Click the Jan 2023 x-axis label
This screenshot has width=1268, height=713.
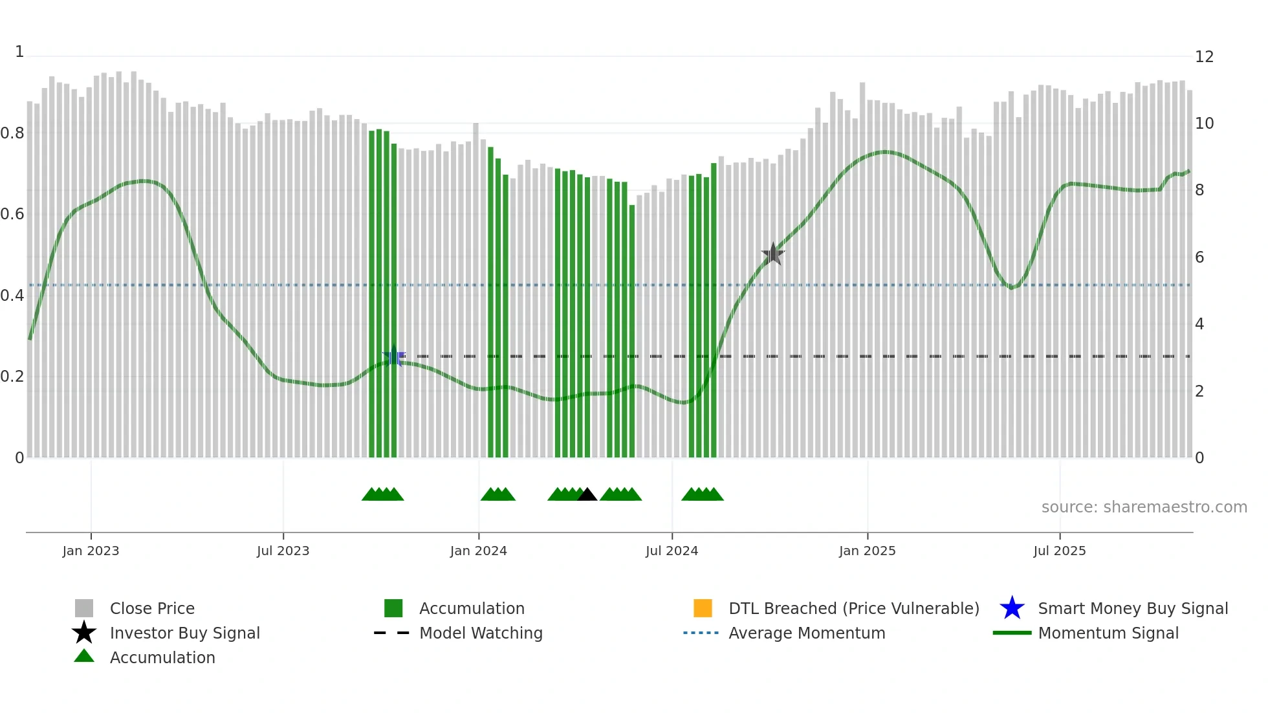click(x=91, y=551)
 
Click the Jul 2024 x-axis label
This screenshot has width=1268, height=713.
click(x=672, y=551)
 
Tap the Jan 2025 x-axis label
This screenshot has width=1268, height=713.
click(x=867, y=551)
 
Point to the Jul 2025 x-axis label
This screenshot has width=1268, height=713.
click(x=1059, y=551)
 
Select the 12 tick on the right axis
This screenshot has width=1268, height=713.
click(x=1204, y=57)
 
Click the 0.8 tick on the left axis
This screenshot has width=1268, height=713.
click(x=12, y=133)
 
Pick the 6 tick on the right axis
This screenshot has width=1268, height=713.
click(x=1199, y=258)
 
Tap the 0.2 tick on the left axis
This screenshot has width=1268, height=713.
click(x=12, y=377)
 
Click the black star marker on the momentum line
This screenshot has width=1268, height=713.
click(x=772, y=254)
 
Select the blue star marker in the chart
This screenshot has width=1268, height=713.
click(x=394, y=356)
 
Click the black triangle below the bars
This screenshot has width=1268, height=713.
click(x=587, y=495)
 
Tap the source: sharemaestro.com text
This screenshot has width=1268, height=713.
click(x=1144, y=507)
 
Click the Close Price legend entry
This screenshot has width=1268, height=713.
click(x=151, y=608)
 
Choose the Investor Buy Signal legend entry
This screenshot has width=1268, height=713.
click(x=184, y=633)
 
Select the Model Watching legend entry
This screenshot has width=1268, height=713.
click(x=480, y=633)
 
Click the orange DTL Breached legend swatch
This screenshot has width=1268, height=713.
click(x=703, y=608)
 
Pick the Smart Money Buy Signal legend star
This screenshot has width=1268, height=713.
click(x=1012, y=608)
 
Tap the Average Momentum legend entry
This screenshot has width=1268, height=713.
click(x=806, y=633)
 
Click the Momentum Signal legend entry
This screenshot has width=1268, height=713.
click(x=1108, y=633)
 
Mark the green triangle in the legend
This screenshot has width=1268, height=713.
click(x=84, y=656)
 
